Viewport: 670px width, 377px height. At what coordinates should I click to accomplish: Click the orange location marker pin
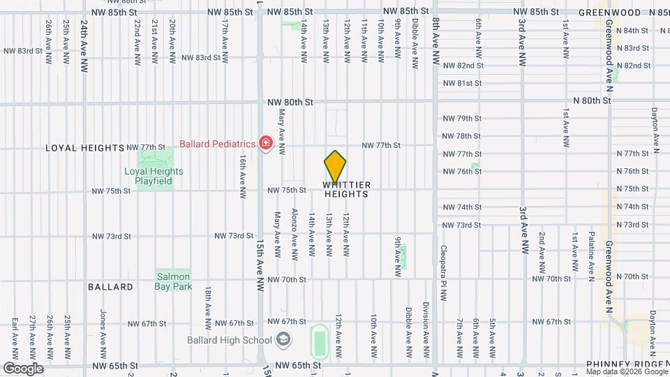[x=335, y=167]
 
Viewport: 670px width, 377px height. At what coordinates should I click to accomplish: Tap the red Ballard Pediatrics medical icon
[x=265, y=144]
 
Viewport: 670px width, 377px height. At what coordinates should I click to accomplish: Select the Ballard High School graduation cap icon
[x=283, y=340]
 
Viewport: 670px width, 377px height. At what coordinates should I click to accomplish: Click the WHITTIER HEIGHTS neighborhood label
[x=347, y=189]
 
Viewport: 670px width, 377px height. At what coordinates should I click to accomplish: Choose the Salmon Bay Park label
[x=174, y=281]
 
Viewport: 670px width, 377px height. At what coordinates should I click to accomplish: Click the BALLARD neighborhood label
[x=110, y=287]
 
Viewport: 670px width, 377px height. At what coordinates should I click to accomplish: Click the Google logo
[x=23, y=368]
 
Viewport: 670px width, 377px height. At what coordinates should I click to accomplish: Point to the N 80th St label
[x=592, y=101]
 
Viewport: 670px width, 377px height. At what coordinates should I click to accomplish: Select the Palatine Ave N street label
[x=591, y=251]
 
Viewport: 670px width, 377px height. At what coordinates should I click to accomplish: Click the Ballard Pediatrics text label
[x=217, y=145]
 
